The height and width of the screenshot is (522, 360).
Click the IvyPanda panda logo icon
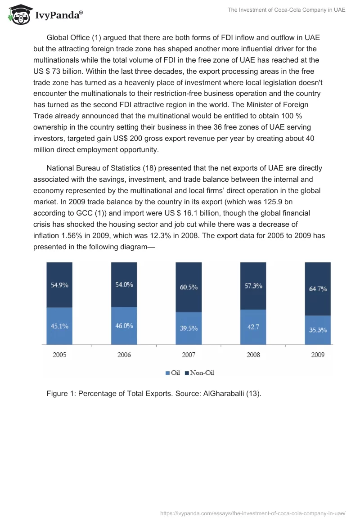pyautogui.click(x=18, y=15)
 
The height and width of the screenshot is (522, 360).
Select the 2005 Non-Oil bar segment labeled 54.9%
pyautogui.click(x=59, y=285)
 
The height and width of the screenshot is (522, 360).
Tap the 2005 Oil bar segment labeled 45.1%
pyautogui.click(x=59, y=326)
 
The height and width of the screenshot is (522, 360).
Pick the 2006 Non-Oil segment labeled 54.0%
pyautogui.click(x=124, y=284)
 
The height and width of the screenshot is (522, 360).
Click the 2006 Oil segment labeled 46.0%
pyautogui.click(x=124, y=326)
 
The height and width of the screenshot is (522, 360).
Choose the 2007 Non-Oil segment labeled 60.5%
pyautogui.click(x=189, y=287)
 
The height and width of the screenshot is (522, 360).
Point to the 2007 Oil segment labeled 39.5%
pyautogui.click(x=189, y=328)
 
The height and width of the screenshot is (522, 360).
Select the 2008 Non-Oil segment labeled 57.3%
pyautogui.click(x=253, y=286)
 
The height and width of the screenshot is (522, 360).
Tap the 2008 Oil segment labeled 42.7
pyautogui.click(x=253, y=327)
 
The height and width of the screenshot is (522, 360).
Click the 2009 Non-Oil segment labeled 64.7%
pyautogui.click(x=318, y=289)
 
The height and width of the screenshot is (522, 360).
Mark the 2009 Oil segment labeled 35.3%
pyautogui.click(x=318, y=329)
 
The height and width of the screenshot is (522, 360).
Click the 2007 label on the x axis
pyautogui.click(x=189, y=355)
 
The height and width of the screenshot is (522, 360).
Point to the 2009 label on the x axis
pyautogui.click(x=318, y=355)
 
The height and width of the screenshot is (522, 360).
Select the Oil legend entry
pyautogui.click(x=173, y=373)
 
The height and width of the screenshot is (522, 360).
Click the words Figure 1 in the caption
pyautogui.click(x=61, y=394)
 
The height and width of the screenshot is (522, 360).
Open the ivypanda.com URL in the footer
pyautogui.click(x=252, y=513)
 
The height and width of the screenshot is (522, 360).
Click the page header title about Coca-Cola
pyautogui.click(x=287, y=10)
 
